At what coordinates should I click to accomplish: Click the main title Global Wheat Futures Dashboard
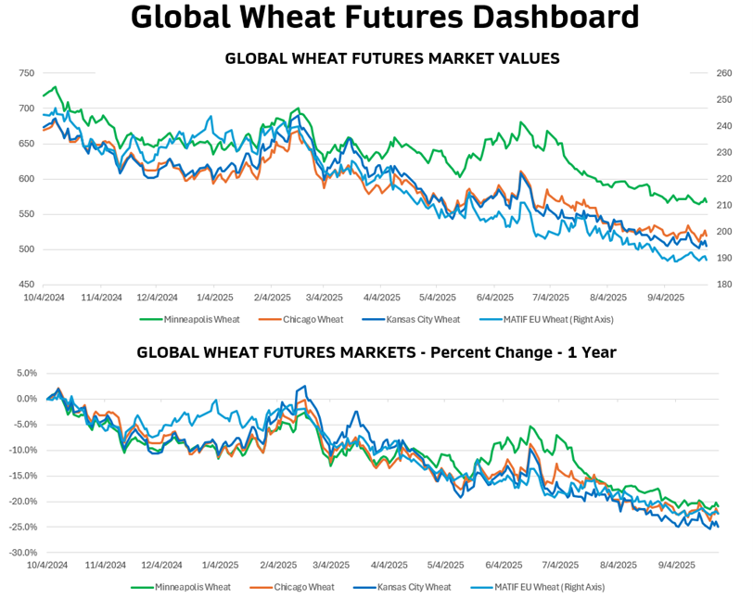[385, 18]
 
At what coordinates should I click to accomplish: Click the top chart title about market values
[392, 57]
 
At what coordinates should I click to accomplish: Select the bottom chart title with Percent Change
[376, 352]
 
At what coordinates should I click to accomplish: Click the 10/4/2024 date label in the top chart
[45, 299]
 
